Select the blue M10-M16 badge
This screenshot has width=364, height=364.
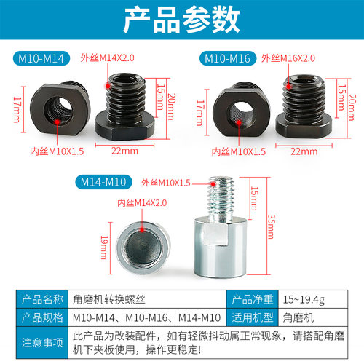228,58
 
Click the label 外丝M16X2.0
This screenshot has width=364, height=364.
289,58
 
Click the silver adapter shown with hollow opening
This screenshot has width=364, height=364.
140,247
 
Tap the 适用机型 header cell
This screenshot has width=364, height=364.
253,317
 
